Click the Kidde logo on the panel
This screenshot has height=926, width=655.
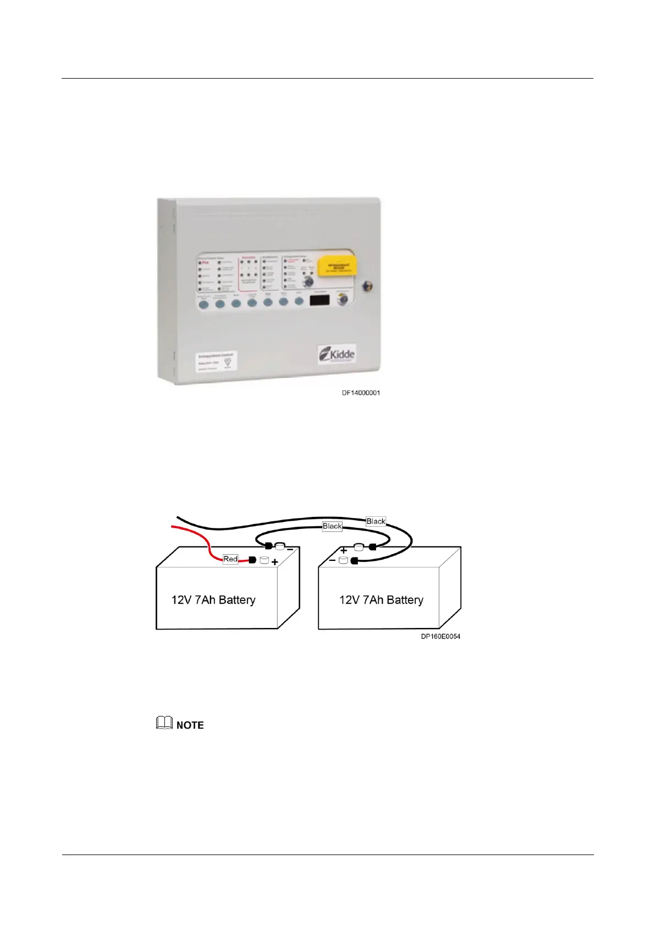point(337,354)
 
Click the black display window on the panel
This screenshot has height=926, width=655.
point(320,300)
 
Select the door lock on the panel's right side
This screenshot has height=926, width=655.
point(366,286)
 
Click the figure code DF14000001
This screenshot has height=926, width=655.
point(361,393)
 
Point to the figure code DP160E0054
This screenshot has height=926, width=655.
point(441,636)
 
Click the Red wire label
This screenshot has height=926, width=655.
point(230,559)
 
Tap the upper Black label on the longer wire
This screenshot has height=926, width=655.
point(376,521)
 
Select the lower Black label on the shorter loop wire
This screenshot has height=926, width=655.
point(332,526)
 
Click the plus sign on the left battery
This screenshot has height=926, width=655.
point(274,562)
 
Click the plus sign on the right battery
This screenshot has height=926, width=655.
point(344,550)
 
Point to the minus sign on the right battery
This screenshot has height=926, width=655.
point(332,560)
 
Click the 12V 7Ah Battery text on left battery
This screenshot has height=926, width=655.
point(213,600)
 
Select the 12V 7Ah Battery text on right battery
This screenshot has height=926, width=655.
point(381,600)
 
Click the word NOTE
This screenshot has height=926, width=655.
point(190,725)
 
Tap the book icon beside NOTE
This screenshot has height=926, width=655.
point(164,724)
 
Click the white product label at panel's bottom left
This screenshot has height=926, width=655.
point(215,361)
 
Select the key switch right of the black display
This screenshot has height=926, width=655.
point(343,300)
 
